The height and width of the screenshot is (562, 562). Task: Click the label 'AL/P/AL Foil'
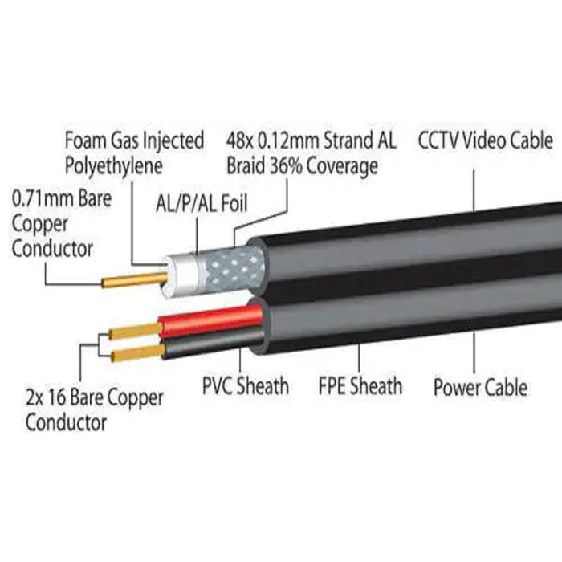(202, 203)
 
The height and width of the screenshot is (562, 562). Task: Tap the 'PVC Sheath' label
(246, 385)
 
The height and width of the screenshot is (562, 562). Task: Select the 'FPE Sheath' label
(360, 385)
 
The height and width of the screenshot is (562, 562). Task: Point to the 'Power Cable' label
(480, 387)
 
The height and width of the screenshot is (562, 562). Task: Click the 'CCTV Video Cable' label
(485, 140)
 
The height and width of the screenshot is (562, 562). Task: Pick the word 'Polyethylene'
(114, 166)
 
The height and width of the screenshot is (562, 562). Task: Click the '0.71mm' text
(43, 198)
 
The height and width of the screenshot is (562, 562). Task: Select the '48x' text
(240, 140)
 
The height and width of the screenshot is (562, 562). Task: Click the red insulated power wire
(210, 320)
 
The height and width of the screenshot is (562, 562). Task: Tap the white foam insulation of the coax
(181, 275)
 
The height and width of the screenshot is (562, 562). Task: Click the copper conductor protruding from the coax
(135, 279)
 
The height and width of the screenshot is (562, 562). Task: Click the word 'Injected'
(173, 140)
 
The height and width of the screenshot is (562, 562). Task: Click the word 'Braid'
(246, 166)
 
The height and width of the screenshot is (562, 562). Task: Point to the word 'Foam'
(85, 140)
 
